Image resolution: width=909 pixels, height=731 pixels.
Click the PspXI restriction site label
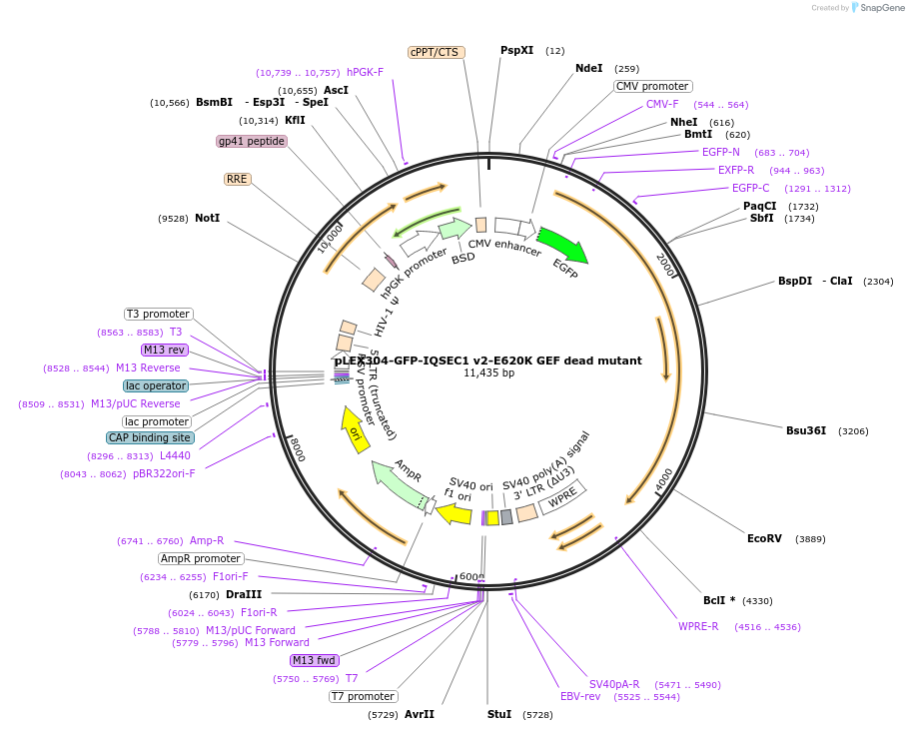[x=516, y=50]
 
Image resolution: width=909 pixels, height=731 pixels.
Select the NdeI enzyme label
[x=589, y=68]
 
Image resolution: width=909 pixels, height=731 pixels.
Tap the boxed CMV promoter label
[x=652, y=86]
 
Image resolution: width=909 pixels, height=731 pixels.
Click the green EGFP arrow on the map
[x=563, y=246]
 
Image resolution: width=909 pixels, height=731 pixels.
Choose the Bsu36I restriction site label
[x=806, y=430]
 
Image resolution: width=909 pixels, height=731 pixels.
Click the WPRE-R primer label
[x=698, y=626]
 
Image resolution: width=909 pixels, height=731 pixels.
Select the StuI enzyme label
[x=499, y=714]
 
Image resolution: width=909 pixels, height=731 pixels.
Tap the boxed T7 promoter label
[x=363, y=696]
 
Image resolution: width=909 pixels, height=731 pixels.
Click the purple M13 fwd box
[x=315, y=660]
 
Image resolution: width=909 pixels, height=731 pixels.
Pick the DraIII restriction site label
[x=244, y=594]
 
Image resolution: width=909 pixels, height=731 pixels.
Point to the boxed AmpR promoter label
[x=201, y=558]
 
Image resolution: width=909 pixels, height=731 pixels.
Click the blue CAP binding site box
[x=150, y=437]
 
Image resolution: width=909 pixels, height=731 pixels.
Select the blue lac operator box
[x=156, y=385]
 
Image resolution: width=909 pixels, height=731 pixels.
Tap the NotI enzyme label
[x=208, y=218]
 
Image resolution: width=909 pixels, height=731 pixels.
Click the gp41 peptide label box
[x=252, y=141]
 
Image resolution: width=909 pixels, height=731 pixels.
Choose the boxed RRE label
[x=237, y=179]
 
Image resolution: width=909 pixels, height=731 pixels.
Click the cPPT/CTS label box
[x=437, y=52]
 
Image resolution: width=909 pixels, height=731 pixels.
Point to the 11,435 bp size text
[x=488, y=373]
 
